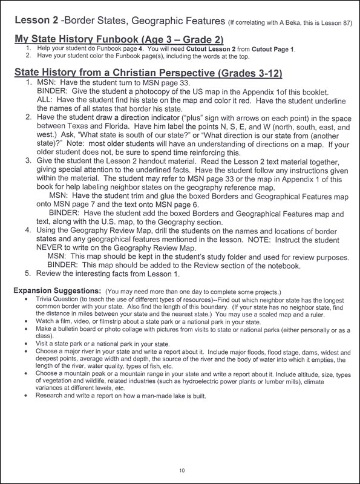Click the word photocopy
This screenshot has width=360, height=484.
(x=142, y=94)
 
